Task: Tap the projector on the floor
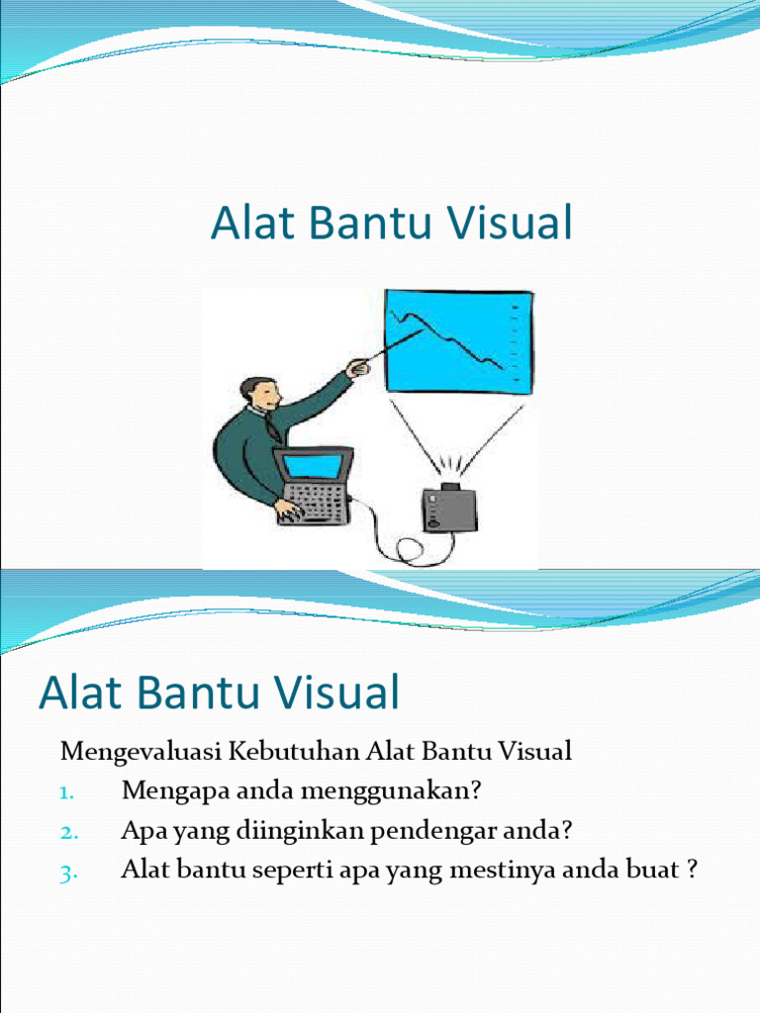click(449, 507)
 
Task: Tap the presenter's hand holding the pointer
click(357, 369)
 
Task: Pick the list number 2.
click(66, 832)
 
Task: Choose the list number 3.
click(66, 872)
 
